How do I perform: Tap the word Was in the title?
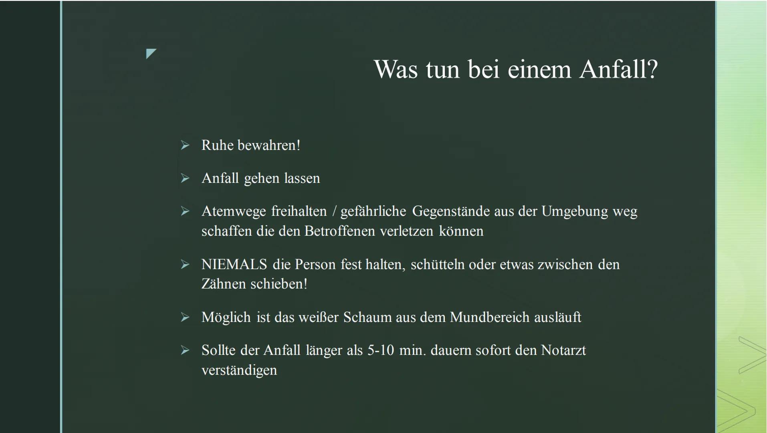(x=397, y=69)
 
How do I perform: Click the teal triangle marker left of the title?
(x=151, y=53)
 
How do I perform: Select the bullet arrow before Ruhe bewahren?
(x=185, y=145)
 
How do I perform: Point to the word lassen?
(x=302, y=178)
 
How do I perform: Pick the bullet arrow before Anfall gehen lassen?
(x=185, y=178)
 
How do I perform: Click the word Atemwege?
(x=233, y=211)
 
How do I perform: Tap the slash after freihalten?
(x=334, y=211)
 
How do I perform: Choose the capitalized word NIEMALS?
(x=234, y=264)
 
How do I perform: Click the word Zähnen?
(x=224, y=284)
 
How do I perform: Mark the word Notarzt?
(x=563, y=350)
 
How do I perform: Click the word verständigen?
(x=239, y=370)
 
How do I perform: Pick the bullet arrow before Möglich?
(x=185, y=317)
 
